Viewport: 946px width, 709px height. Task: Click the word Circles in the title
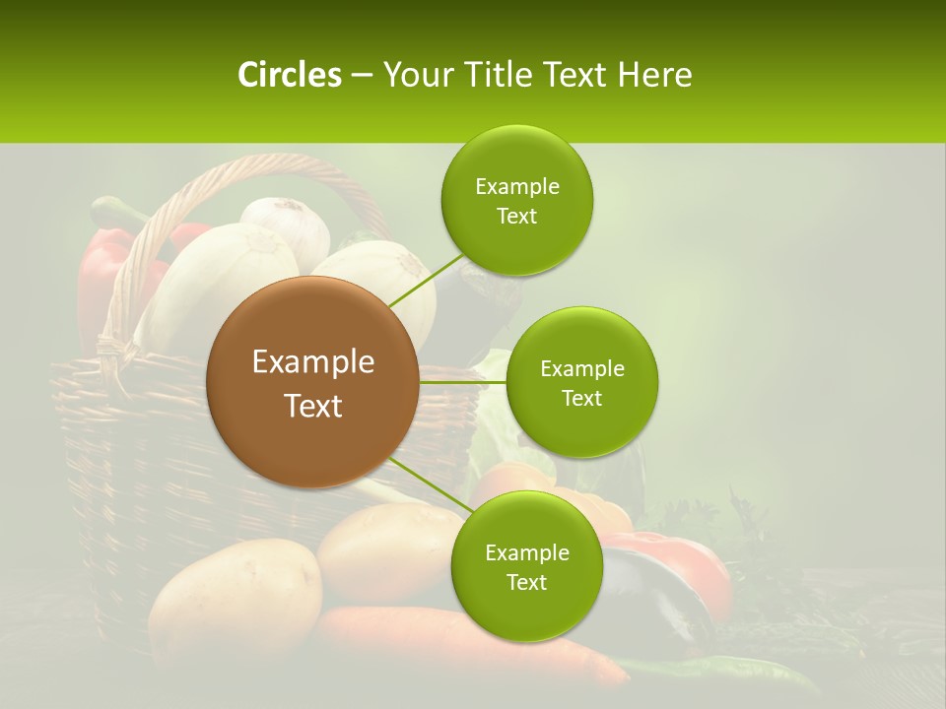[x=289, y=75]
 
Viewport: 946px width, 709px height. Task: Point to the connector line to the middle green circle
[x=462, y=381]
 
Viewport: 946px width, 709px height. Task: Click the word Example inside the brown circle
[x=312, y=362]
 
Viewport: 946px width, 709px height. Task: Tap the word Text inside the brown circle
[x=312, y=406]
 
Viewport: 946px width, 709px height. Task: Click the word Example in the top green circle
[x=517, y=186]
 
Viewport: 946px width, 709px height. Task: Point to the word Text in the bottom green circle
[x=527, y=582]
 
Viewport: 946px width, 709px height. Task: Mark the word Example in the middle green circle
[x=582, y=369]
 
